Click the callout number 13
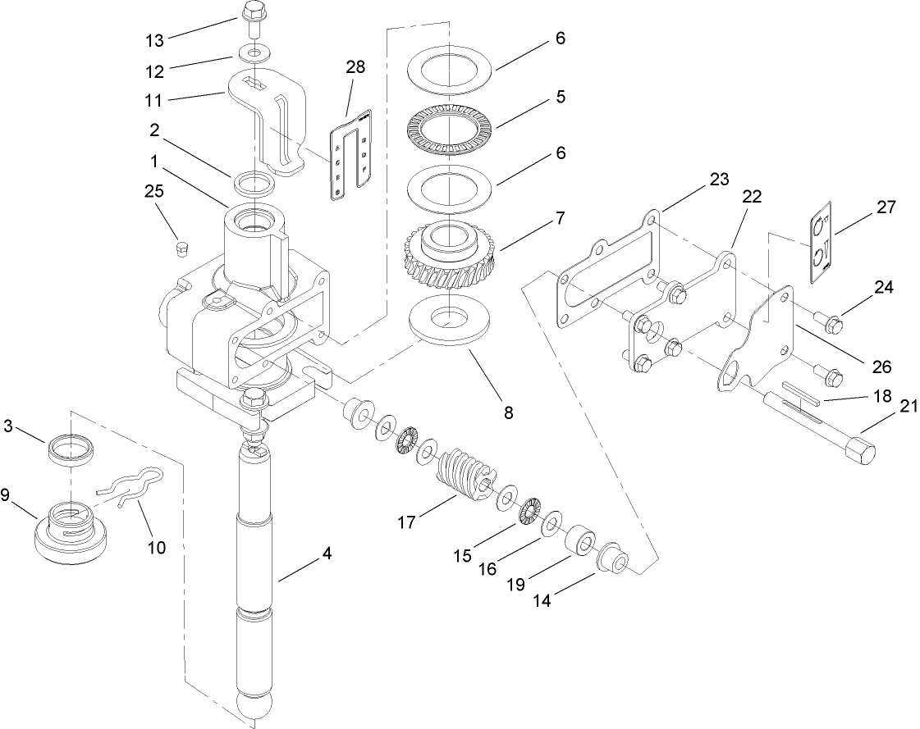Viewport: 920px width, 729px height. click(153, 39)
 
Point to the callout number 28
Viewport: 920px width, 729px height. click(355, 66)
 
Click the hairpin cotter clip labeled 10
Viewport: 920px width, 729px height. click(131, 490)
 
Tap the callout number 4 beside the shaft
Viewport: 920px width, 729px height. click(327, 554)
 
